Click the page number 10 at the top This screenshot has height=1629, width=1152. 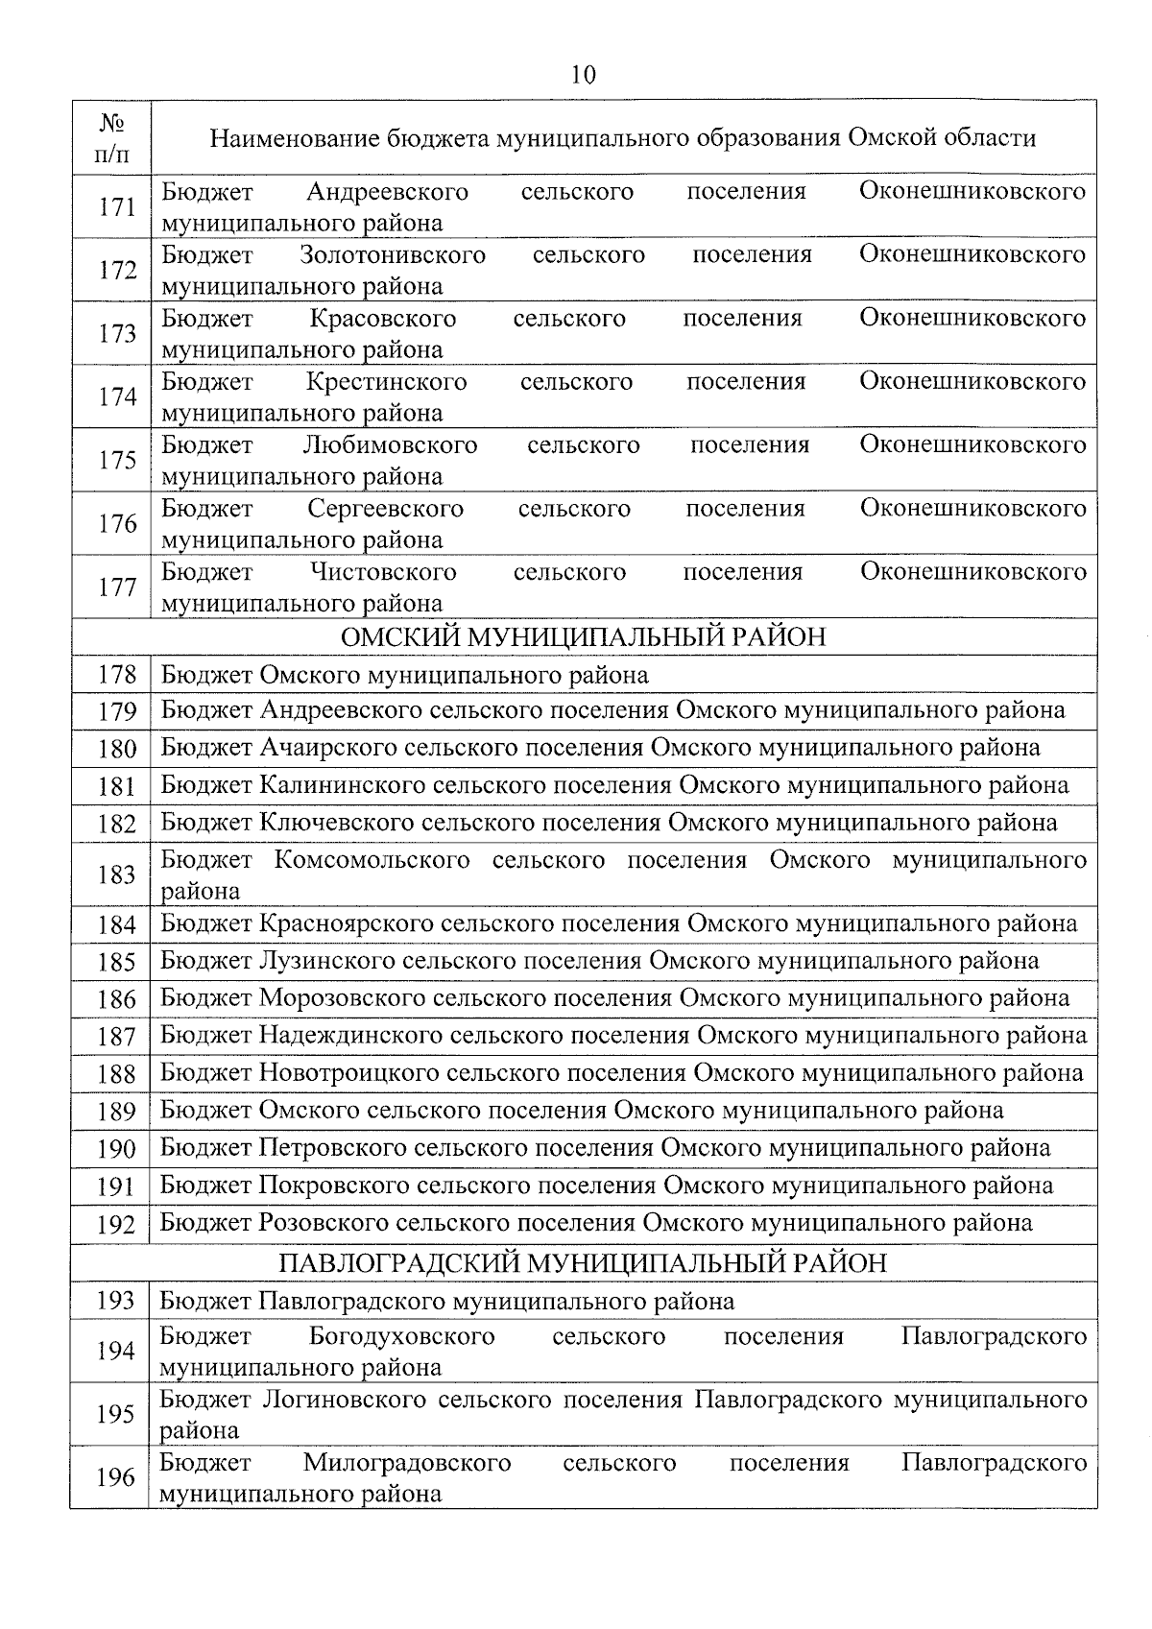pyautogui.click(x=583, y=75)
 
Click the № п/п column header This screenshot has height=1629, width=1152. pyautogui.click(x=113, y=137)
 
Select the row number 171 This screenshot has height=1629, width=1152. pyautogui.click(x=117, y=206)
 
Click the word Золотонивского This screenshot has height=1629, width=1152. pyautogui.click(x=392, y=255)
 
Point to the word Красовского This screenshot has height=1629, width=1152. pyautogui.click(x=382, y=319)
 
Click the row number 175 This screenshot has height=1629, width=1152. pyautogui.click(x=117, y=460)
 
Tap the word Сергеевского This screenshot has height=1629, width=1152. pyautogui.click(x=386, y=509)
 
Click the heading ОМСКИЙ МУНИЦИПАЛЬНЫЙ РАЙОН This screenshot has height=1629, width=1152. pyautogui.click(x=583, y=637)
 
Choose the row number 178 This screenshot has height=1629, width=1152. pyautogui.click(x=117, y=675)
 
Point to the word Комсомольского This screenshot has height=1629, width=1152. pyautogui.click(x=372, y=860)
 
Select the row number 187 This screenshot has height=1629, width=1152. pyautogui.click(x=117, y=1037)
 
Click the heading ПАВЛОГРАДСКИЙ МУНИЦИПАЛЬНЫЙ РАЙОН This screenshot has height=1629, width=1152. pyautogui.click(x=583, y=1263)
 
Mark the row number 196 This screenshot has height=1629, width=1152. pyautogui.click(x=115, y=1477)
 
